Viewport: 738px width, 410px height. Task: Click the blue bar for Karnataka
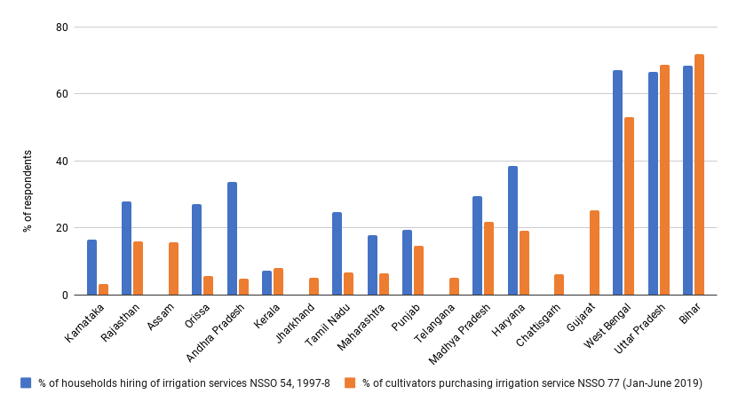coord(91,267)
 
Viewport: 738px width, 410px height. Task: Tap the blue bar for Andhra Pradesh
coord(232,239)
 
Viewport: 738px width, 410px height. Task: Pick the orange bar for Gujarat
coord(594,253)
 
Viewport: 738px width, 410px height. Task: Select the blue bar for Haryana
coord(512,231)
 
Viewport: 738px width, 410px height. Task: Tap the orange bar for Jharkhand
coord(313,287)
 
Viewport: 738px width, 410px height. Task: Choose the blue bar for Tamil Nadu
coord(337,254)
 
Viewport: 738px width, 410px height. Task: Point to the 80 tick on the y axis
coord(62,27)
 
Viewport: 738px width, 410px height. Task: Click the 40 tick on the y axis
coord(62,161)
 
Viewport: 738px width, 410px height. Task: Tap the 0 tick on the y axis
coord(65,295)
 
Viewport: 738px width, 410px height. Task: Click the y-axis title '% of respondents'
coord(28,191)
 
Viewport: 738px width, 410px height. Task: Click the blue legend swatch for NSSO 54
coord(26,382)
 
